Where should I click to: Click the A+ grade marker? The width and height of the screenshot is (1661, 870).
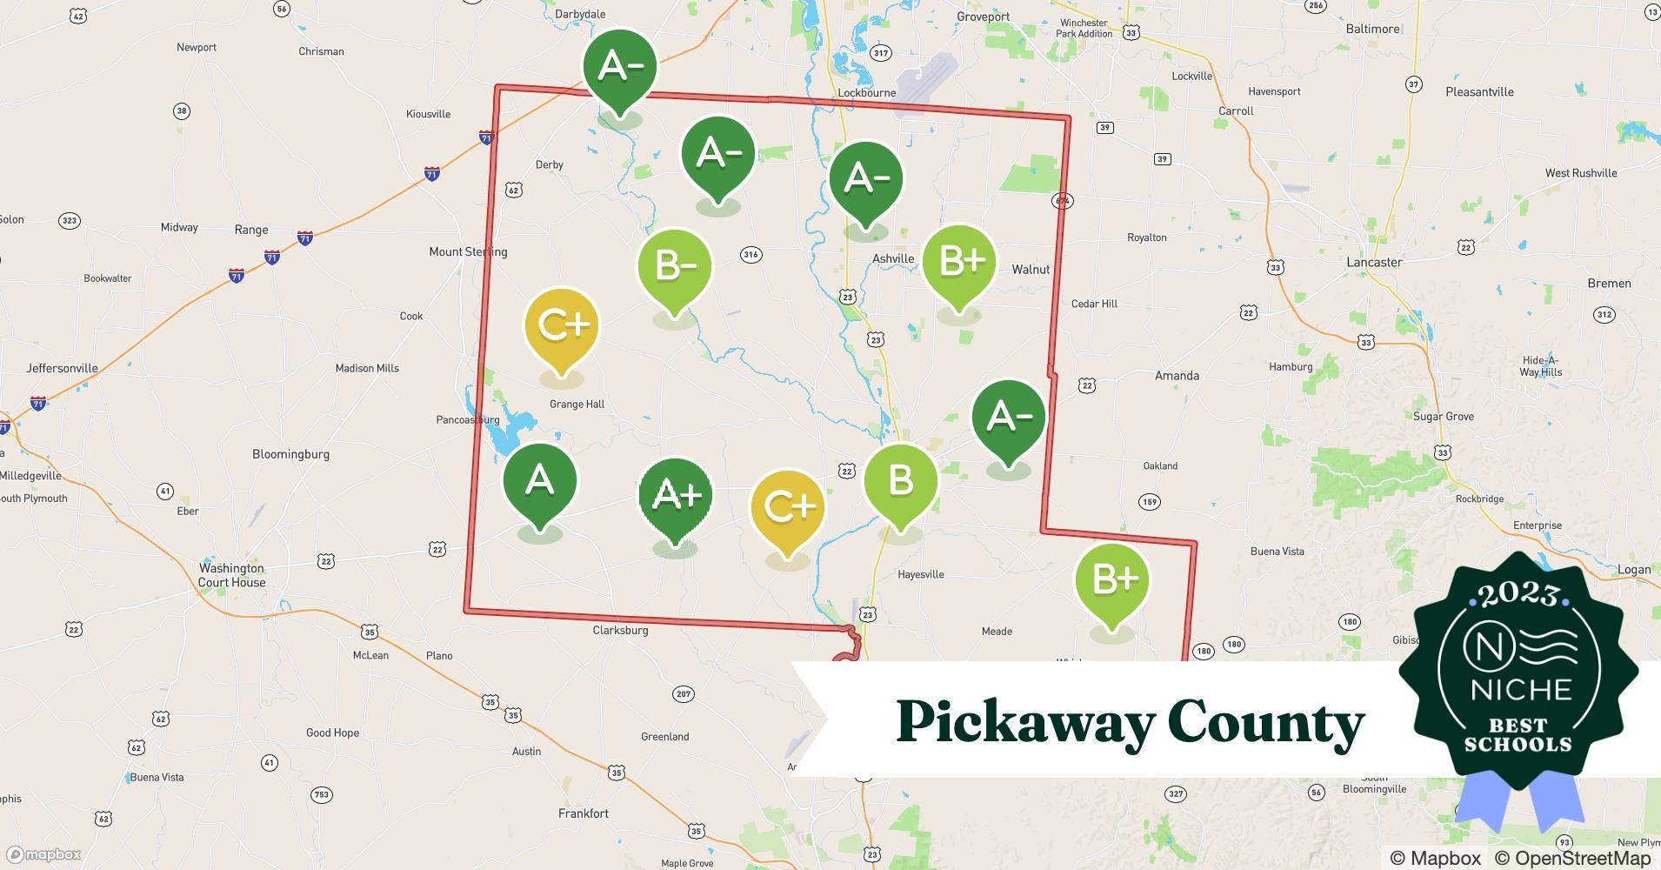click(676, 496)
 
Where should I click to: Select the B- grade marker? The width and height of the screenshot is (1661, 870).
click(675, 265)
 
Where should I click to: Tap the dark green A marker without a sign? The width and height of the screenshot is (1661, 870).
click(540, 481)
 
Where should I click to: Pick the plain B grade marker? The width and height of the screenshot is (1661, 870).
click(901, 481)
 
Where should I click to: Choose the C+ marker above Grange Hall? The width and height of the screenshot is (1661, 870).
click(562, 325)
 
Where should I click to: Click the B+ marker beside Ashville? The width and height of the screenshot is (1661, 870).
click(959, 261)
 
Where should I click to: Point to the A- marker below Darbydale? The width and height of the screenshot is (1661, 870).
click(619, 66)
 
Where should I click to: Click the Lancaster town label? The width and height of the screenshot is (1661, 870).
click(1374, 262)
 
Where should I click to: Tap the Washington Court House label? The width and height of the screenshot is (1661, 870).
click(231, 575)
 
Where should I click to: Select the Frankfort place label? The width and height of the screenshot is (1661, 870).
click(584, 813)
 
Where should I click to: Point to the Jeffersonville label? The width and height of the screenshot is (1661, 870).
click(62, 368)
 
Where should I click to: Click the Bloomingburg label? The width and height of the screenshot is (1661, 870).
click(290, 454)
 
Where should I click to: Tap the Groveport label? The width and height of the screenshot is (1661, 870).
click(984, 17)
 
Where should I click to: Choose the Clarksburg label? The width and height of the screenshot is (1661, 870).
click(620, 630)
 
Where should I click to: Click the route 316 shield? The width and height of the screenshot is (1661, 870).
click(751, 255)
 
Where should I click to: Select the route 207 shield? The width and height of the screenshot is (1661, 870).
click(684, 694)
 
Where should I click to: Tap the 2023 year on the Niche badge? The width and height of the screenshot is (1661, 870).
click(1519, 594)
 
